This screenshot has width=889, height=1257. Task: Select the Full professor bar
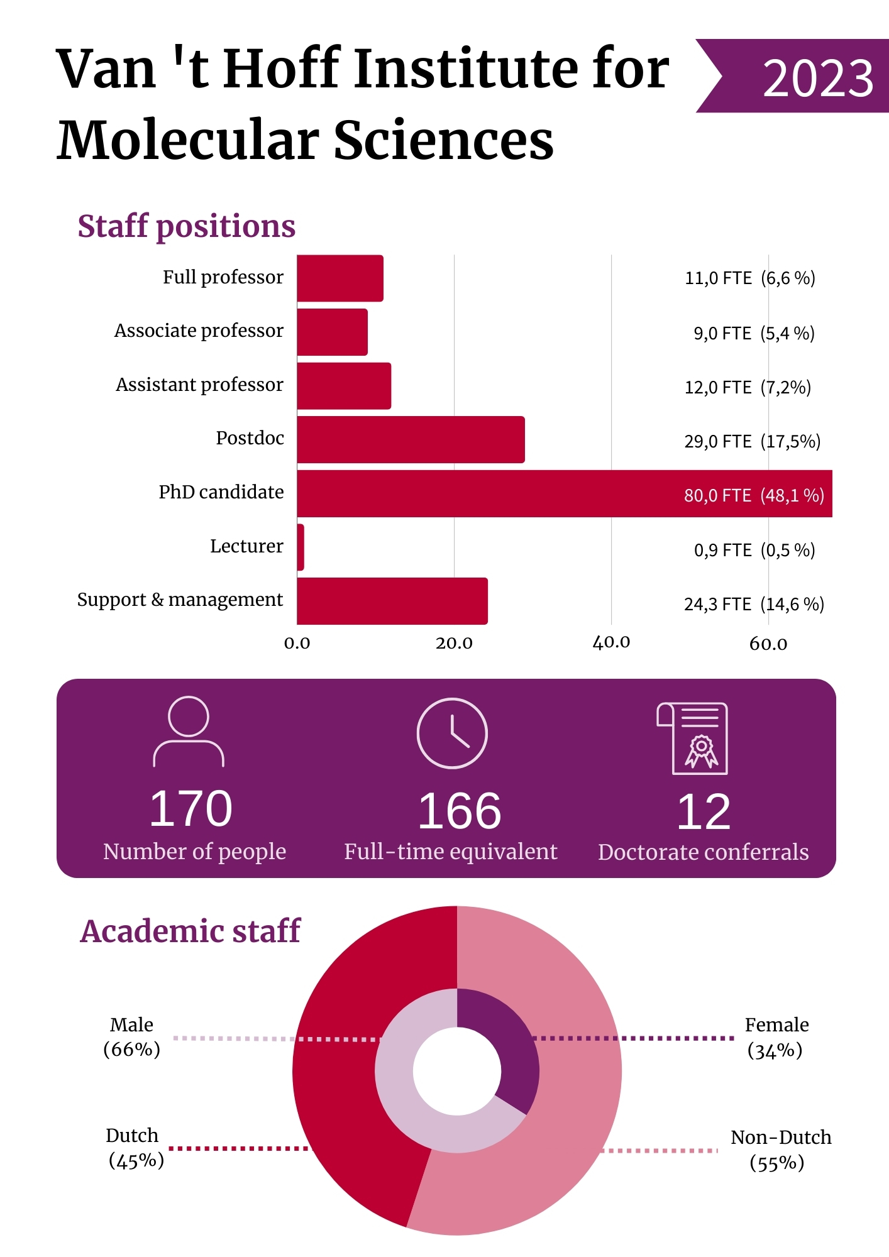point(340,278)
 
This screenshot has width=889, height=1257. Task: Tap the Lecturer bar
point(301,547)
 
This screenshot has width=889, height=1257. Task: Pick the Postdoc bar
point(411,440)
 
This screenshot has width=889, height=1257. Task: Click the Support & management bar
point(392,601)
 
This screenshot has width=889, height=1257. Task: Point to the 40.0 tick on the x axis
point(611,642)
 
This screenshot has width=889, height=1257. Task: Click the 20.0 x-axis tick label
point(454,643)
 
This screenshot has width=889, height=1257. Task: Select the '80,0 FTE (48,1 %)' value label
point(754,495)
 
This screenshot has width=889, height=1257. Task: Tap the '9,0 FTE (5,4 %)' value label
point(754,333)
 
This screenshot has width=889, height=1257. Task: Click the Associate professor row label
point(199,331)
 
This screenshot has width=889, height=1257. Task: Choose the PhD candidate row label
point(221,492)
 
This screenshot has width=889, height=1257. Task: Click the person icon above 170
point(189,732)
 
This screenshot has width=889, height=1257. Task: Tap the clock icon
point(452,733)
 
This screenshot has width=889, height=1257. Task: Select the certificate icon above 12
point(693,738)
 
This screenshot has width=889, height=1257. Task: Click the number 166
point(460,811)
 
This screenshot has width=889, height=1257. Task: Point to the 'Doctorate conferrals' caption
point(703,852)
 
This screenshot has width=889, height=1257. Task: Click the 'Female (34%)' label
point(776,1038)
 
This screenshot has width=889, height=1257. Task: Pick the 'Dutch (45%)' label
point(134,1148)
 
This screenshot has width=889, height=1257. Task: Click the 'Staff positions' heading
point(186,226)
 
